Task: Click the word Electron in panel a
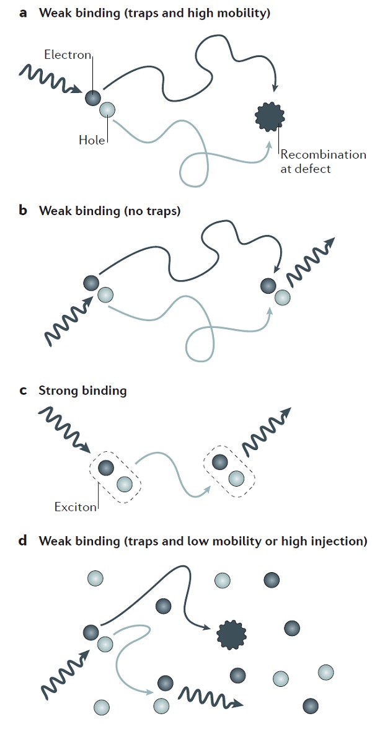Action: (x=67, y=55)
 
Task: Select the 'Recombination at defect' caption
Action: (x=322, y=160)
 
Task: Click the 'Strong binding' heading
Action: (x=82, y=391)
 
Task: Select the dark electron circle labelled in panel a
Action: (x=92, y=97)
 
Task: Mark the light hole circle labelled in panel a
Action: (x=107, y=110)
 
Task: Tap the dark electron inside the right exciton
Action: (x=219, y=462)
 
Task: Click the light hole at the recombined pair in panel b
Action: (x=282, y=298)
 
